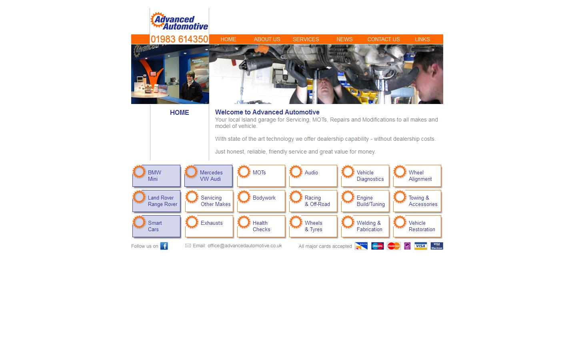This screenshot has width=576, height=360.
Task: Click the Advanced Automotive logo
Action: pos(179,21)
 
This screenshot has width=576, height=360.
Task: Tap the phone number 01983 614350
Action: pos(179,39)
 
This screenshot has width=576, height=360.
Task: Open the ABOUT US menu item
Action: pos(267,39)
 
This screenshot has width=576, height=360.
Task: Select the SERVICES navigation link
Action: pos(306,39)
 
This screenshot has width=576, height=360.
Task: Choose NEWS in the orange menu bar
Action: pos(344,39)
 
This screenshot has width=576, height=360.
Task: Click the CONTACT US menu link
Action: pos(383,39)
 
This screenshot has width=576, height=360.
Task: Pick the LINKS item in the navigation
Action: pos(422,39)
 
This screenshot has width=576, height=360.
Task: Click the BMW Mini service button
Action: pos(156,176)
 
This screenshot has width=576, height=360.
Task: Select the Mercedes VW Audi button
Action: pos(208,176)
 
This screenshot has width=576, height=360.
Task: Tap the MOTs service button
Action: pos(261,176)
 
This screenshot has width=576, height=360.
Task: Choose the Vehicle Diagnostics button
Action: pos(365,176)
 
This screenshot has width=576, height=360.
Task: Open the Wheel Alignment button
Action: pos(417,176)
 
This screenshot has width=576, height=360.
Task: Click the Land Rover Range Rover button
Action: pos(156,201)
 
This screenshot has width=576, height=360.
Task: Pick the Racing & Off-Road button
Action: pos(313,201)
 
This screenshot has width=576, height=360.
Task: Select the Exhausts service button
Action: pos(209,226)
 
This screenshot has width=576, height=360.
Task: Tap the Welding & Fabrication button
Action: pos(365,226)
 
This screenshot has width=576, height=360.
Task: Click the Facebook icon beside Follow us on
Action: pos(164,246)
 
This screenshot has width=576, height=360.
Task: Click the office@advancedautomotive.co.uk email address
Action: pos(244,246)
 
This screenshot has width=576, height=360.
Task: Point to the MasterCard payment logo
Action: pos(394,246)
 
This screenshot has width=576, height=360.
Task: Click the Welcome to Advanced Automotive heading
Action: pos(267,112)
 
